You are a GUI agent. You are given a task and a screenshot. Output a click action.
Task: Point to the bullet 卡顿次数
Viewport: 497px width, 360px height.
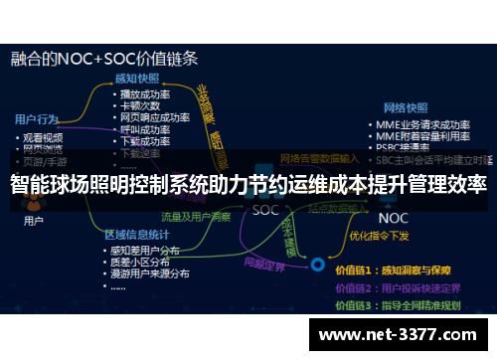click(141, 105)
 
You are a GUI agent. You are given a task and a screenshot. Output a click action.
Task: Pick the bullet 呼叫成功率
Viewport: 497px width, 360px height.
click(146, 129)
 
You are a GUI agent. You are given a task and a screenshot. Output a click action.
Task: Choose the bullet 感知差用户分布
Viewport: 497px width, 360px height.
click(150, 251)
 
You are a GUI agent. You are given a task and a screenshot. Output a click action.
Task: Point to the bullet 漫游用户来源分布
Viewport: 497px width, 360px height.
click(153, 274)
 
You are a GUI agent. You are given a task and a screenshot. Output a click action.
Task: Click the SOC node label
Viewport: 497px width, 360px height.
click(265, 210)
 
